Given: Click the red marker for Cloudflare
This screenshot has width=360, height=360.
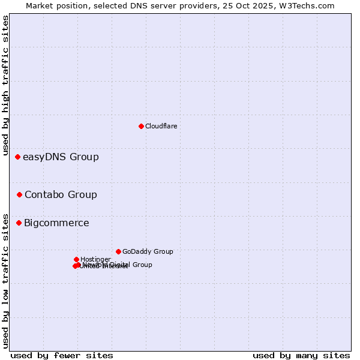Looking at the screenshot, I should [141, 126].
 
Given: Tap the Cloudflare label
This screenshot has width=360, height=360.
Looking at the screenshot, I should [161, 126].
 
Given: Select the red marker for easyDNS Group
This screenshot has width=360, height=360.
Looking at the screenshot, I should [17, 157].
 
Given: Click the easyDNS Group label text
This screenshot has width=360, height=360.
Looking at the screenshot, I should [61, 157].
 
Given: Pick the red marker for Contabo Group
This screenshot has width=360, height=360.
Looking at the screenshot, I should [20, 194].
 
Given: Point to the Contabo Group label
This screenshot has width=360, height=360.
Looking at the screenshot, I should [61, 194].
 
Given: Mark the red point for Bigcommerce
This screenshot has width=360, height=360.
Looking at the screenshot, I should [19, 223].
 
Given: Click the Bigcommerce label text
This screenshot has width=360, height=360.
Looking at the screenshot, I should [56, 223].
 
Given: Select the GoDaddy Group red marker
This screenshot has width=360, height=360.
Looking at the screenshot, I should [118, 251].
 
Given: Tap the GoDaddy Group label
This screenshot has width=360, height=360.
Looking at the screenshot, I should [148, 251].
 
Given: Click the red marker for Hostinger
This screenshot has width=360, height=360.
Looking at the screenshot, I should [76, 259].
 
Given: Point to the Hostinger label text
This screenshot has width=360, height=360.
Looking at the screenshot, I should [95, 259].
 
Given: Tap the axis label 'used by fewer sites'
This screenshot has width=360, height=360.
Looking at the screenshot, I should [62, 355].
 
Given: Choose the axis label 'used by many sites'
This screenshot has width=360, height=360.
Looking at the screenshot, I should [301, 355].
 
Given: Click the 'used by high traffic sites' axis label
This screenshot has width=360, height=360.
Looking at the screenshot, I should [6, 86].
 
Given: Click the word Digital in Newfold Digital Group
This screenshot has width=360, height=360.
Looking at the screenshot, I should [119, 265].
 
